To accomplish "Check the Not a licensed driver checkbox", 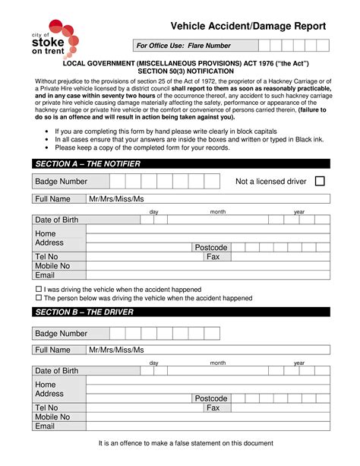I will pos(320,181).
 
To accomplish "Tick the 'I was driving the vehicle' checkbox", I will pos(39,290).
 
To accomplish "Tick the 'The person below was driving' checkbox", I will pos(39,299).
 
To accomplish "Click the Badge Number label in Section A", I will pos(61,182).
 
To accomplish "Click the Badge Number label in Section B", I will pos(61,333).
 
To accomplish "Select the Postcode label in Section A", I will pos(211,248).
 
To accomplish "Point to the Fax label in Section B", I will pos(213,407).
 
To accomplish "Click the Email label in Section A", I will pos(45,275).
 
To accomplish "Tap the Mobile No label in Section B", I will pos(52,417).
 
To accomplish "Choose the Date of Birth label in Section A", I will pos(57,220).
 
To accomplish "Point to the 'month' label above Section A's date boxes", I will pos(218,211).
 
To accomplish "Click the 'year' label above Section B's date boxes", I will pos(299,363).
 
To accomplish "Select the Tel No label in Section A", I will pos(46,257).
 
